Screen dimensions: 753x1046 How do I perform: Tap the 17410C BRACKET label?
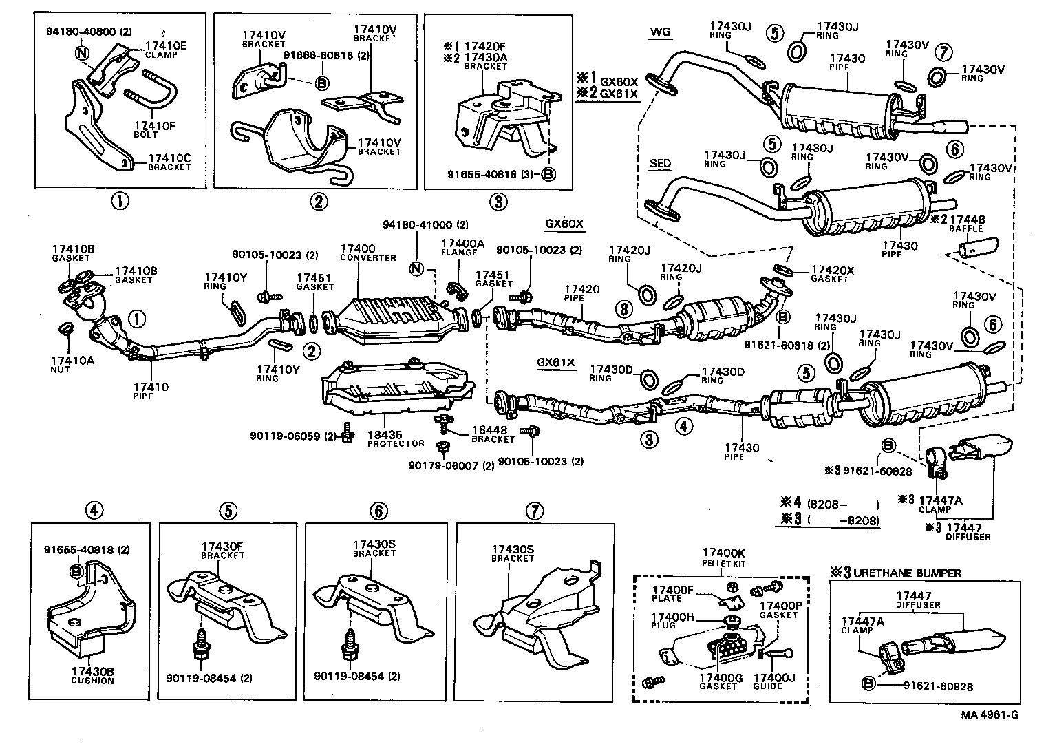[x=169, y=162]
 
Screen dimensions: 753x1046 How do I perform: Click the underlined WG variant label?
[x=659, y=32]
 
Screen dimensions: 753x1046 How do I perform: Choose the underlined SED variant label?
[x=660, y=164]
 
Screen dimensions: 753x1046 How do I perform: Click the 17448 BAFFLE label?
[x=966, y=224]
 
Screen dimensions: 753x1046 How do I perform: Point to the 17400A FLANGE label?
[x=463, y=247]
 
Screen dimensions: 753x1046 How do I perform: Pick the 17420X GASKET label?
[x=833, y=274]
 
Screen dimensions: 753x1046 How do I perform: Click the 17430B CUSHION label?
[x=92, y=675]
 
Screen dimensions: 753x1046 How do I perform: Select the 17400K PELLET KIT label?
[x=723, y=557]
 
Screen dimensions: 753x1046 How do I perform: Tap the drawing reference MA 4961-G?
[x=990, y=714]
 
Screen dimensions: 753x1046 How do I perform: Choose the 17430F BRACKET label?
[x=222, y=550]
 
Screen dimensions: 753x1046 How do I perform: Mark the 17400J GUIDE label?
[x=774, y=681]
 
